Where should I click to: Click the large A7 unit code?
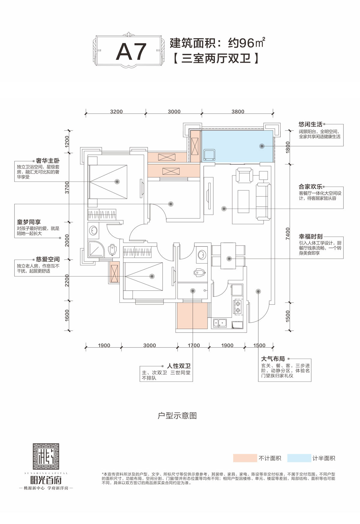[131, 52]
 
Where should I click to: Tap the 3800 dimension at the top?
[238, 112]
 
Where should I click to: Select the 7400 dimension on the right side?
[288, 233]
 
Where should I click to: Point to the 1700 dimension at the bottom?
[193, 345]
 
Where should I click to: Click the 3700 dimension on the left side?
[67, 187]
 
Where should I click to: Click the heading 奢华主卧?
[47, 161]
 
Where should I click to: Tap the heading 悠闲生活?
[310, 124]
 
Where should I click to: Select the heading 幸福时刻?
[310, 236]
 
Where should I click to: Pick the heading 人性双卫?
[178, 366]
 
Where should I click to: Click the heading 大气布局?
[273, 359]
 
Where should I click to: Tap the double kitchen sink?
[220, 323]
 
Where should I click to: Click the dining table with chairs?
[229, 256]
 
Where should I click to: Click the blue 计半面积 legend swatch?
[299, 458]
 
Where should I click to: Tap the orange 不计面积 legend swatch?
[245, 458]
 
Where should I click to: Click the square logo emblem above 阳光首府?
[46, 456]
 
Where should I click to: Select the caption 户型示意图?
[177, 416]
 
